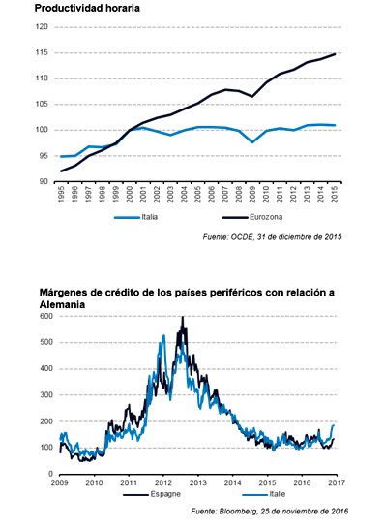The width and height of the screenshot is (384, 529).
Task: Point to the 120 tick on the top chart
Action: (x=41, y=26)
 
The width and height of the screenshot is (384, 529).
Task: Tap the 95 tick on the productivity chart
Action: (x=43, y=156)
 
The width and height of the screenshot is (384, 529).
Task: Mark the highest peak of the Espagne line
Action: (x=182, y=317)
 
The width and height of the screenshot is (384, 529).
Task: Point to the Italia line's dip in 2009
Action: (x=252, y=142)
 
